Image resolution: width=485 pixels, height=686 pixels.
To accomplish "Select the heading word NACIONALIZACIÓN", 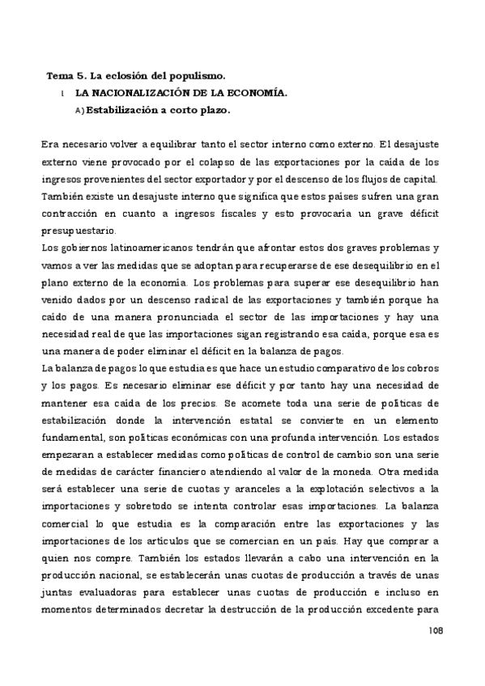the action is [140, 93].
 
